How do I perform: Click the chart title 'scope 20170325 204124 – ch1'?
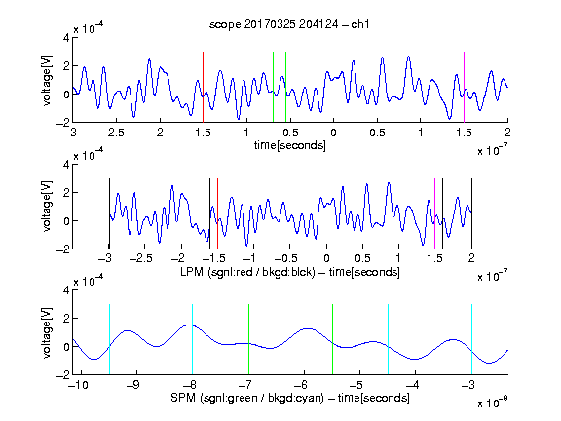289,24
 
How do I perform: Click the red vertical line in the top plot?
203,87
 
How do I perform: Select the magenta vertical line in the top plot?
464,87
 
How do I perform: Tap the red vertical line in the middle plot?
217,213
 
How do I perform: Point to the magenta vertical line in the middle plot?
434,213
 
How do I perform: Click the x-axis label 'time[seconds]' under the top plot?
290,145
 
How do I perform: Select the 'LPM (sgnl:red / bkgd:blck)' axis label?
247,272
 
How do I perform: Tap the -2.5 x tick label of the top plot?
112,133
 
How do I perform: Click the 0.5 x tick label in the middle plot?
362,258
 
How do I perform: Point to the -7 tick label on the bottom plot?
245,385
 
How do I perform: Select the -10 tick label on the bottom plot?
77,385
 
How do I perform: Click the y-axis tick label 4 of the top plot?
66,38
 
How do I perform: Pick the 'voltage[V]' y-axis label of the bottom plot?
47,332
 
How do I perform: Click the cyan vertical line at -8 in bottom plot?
193,339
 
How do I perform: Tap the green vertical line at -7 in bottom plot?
248,339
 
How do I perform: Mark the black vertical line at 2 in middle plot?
472,213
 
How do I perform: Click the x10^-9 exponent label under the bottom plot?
492,402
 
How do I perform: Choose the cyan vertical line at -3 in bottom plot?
472,339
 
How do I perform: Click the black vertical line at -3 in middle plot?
109,213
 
